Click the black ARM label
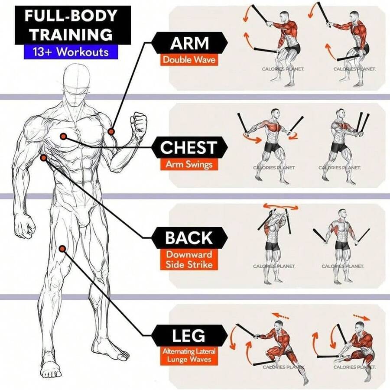(189, 43)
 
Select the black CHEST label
(189, 148)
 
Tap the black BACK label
(189, 238)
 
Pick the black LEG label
(189, 335)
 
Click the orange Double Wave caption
(189, 60)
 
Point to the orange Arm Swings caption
(189, 165)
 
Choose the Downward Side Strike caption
(189, 260)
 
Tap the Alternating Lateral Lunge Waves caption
(189, 356)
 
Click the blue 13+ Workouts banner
(71, 52)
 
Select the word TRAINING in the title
(71, 34)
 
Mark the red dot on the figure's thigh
(62, 248)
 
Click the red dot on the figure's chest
(63, 136)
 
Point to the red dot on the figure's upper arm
(111, 131)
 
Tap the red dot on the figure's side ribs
(43, 157)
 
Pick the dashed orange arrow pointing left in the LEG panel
(280, 316)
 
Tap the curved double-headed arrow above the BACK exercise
(280, 207)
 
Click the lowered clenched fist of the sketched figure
(24, 227)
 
